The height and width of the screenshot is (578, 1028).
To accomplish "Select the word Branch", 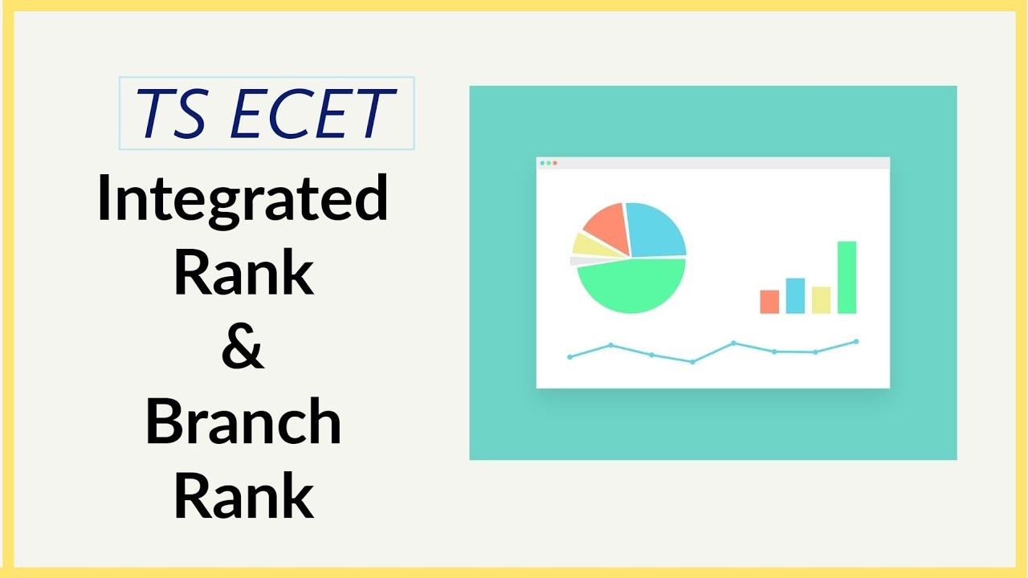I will point(243,422).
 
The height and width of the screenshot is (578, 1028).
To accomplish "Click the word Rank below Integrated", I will point(243,272).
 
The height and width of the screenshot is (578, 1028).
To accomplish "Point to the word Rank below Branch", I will point(243,495).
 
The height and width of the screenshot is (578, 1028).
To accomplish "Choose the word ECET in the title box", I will point(311,114).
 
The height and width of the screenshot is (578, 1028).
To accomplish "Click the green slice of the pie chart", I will point(631,284).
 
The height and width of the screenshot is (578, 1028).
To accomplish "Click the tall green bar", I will point(846,277).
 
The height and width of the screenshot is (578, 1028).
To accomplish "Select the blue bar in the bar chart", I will point(795,295).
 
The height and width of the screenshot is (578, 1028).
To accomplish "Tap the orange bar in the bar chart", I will point(769,302).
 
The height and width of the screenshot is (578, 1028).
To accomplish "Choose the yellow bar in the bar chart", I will point(821,299).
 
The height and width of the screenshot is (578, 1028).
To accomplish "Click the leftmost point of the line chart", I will point(569,356).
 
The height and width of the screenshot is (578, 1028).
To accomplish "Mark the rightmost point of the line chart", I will point(856,341).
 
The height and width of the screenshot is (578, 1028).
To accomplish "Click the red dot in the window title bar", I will point(555,163).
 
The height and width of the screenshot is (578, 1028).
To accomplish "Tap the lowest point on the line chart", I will point(692,362).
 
